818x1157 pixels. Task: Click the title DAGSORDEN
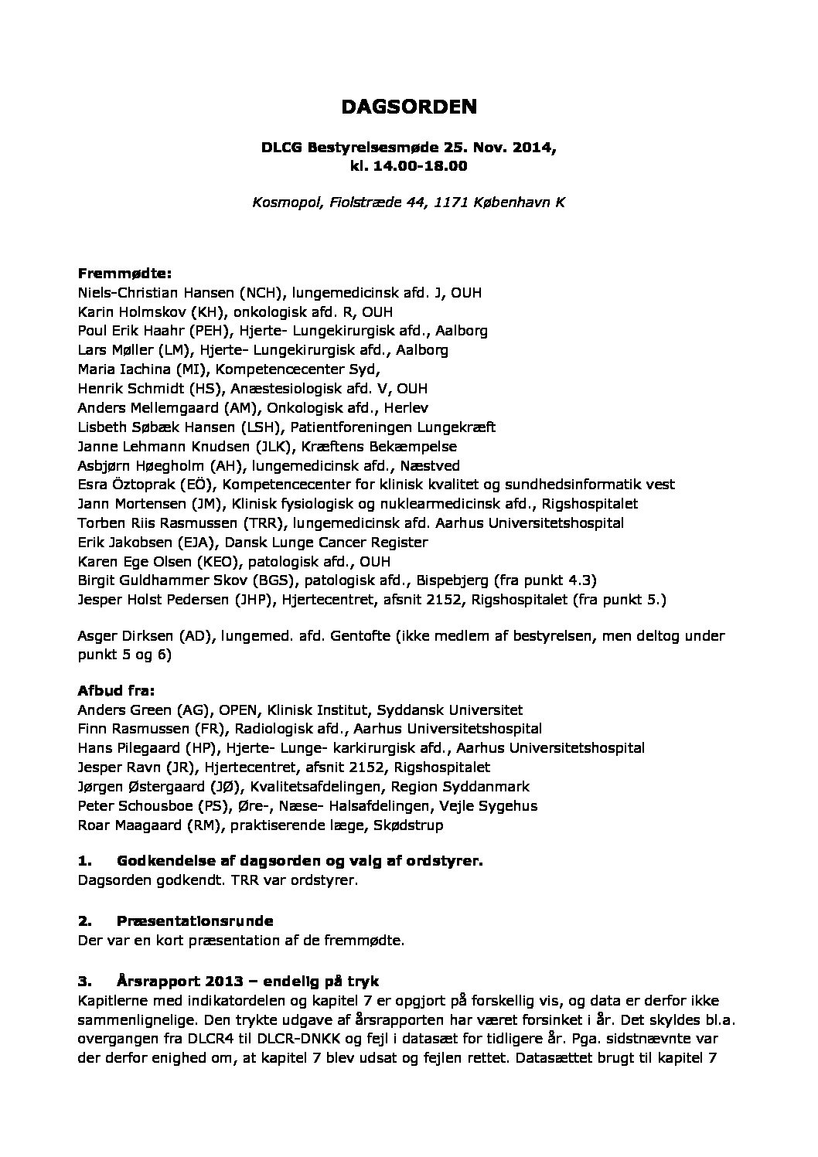[x=409, y=107]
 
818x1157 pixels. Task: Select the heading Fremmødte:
[x=124, y=274]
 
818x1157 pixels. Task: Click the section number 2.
[x=84, y=920]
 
